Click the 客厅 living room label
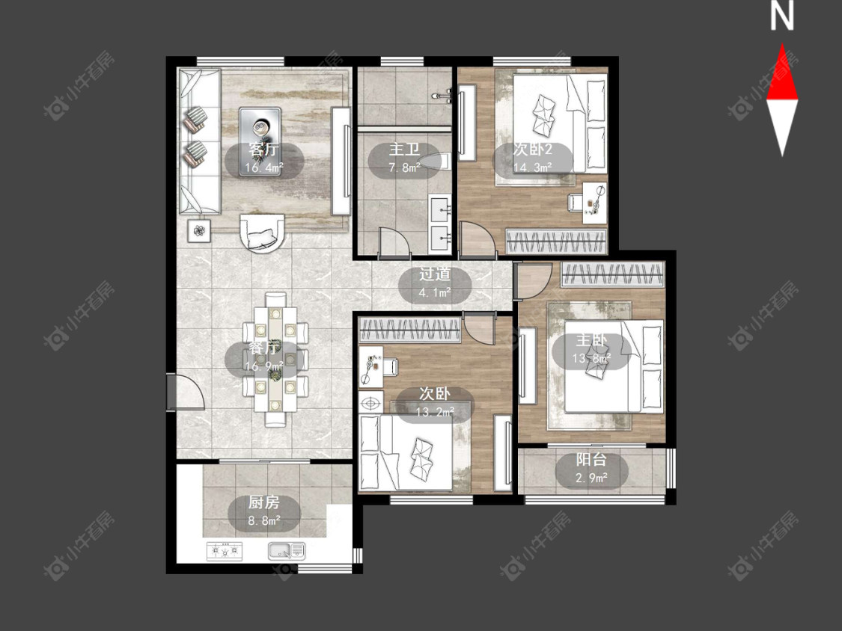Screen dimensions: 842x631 [x=263, y=149]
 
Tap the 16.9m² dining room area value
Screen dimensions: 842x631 [x=263, y=366]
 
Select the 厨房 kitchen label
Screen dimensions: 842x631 [x=264, y=502]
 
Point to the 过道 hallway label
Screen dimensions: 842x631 [x=434, y=274]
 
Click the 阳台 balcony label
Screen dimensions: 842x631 [x=591, y=459]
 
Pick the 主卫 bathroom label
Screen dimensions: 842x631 [x=404, y=150]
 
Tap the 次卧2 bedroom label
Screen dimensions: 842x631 [x=533, y=150]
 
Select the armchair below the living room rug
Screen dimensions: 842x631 [x=262, y=233]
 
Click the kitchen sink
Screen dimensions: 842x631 [x=287, y=550]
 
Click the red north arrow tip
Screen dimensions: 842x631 [x=782, y=44]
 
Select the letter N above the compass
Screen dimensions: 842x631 [x=782, y=16]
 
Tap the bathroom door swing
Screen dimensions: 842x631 [x=395, y=241]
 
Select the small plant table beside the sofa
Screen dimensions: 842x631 [x=199, y=231]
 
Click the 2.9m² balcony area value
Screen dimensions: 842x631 [x=591, y=477]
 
